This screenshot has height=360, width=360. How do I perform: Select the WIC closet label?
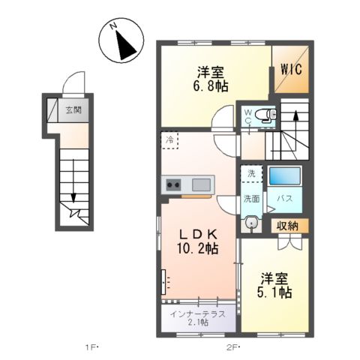291,70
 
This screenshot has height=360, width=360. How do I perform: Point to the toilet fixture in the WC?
265,115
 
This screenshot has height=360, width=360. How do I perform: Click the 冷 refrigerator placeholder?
171,139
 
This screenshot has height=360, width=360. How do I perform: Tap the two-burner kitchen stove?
174,185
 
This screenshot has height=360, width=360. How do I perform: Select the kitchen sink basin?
201,184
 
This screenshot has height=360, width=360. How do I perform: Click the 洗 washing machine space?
251,173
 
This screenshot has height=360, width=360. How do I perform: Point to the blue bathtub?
284,177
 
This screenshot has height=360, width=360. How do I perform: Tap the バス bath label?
285,199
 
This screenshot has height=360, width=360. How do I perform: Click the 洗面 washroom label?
250,199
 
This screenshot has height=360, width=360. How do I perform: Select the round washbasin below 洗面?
252,223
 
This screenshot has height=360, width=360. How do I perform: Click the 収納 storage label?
286,225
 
